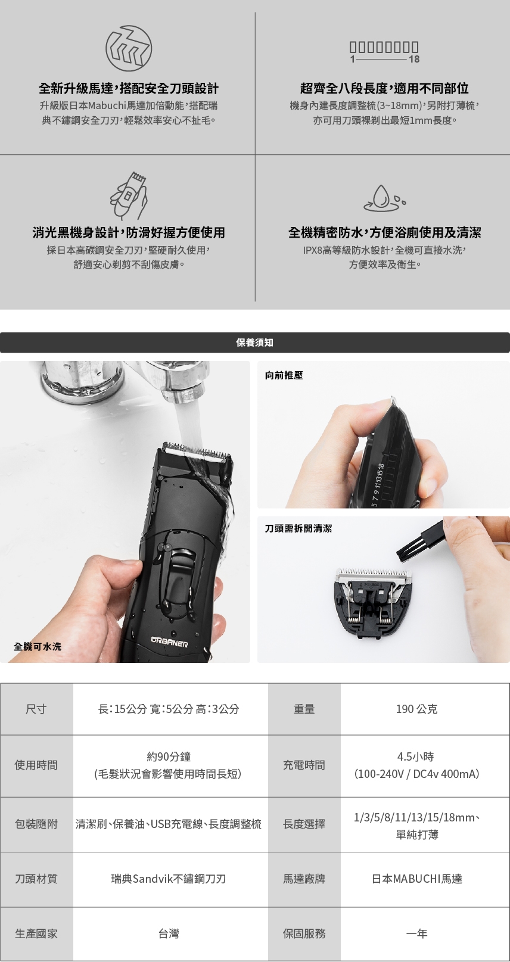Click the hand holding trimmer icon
point(129,196)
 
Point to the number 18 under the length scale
point(414,59)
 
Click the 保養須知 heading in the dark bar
point(255,343)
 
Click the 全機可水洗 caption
point(38,646)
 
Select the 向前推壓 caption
point(284,375)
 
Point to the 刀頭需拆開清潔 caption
point(298,528)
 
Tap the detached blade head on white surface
point(373,600)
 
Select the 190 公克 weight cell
point(417,709)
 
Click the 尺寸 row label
point(36,709)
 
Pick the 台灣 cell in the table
point(169,933)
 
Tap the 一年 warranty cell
point(417,933)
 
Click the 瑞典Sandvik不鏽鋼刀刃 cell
point(169,879)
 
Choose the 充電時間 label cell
point(304,765)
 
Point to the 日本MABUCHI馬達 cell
point(417,879)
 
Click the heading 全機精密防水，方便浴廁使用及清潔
point(384,232)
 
